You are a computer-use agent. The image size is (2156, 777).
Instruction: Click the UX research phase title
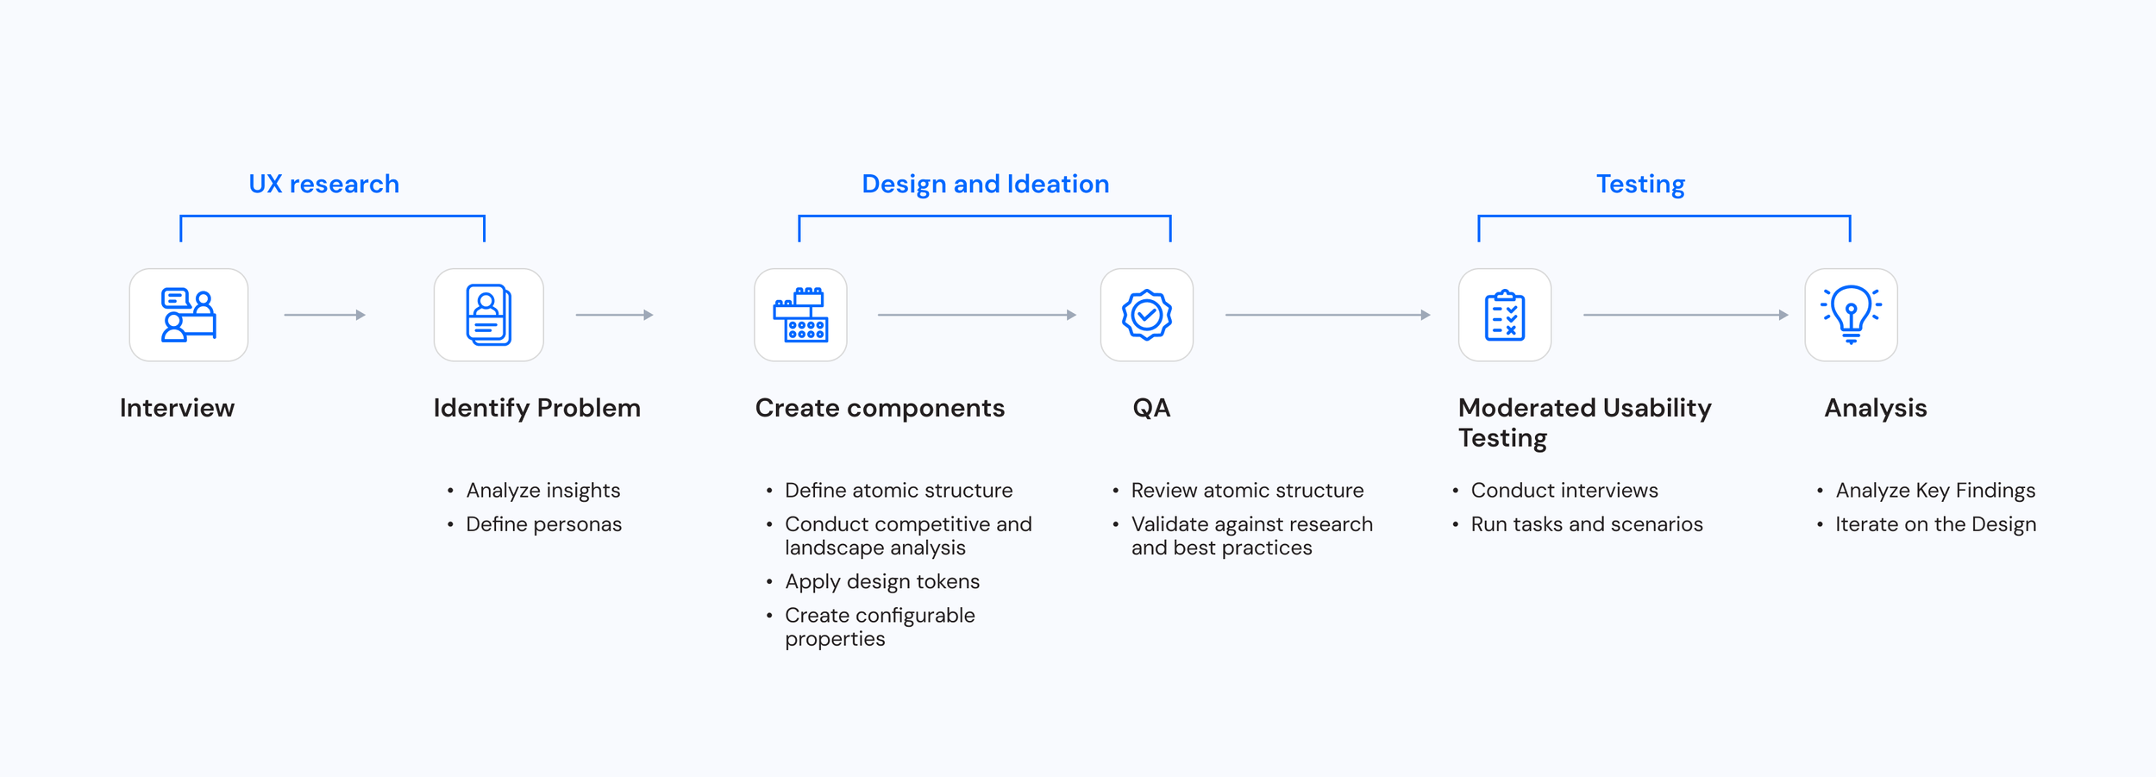(323, 184)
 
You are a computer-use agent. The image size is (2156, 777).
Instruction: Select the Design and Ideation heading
(985, 184)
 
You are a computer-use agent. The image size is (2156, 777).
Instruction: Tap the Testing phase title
(1640, 184)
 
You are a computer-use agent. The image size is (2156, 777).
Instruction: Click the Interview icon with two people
(189, 315)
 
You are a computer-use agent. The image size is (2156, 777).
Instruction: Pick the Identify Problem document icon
(488, 315)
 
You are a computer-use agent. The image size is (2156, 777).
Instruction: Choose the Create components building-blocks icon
(800, 315)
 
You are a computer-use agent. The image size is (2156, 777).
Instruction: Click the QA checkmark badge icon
(1146, 315)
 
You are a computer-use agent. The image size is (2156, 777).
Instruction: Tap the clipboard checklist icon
(1504, 315)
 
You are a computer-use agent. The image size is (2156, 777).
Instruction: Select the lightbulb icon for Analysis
(1851, 315)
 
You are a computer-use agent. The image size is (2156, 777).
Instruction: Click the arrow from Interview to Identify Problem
(324, 315)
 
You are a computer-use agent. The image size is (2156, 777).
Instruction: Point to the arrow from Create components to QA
(976, 315)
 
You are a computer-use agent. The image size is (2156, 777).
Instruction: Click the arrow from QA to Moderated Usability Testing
(1327, 315)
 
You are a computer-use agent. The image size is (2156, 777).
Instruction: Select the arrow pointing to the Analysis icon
(1685, 315)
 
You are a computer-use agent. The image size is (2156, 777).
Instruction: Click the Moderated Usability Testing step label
(1584, 423)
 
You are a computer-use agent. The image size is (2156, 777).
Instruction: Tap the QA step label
(1151, 408)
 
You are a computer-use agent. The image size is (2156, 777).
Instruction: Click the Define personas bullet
(543, 524)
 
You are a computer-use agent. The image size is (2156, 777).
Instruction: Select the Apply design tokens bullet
(881, 581)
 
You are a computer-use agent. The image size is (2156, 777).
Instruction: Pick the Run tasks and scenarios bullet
(1586, 524)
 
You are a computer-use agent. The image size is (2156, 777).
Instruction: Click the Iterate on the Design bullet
(1935, 524)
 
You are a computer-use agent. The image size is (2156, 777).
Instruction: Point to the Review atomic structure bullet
(1247, 491)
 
